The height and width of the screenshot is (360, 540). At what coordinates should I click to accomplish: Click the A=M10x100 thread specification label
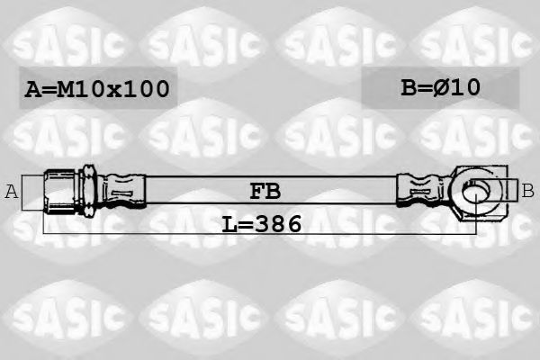point(95,89)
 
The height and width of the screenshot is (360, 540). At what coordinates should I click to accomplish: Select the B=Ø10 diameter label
point(440,87)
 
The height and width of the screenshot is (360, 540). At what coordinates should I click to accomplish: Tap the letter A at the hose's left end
point(12,191)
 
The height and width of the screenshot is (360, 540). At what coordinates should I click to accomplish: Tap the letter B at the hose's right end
point(528,190)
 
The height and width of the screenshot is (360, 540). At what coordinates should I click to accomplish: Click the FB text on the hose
point(264,191)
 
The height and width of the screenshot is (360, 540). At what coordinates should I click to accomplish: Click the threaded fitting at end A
point(59,190)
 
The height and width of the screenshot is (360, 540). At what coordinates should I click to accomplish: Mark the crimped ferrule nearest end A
point(121,190)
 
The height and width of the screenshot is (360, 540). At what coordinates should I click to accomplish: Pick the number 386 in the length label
point(277,222)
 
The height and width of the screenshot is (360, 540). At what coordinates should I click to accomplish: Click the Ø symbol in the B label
point(444,87)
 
